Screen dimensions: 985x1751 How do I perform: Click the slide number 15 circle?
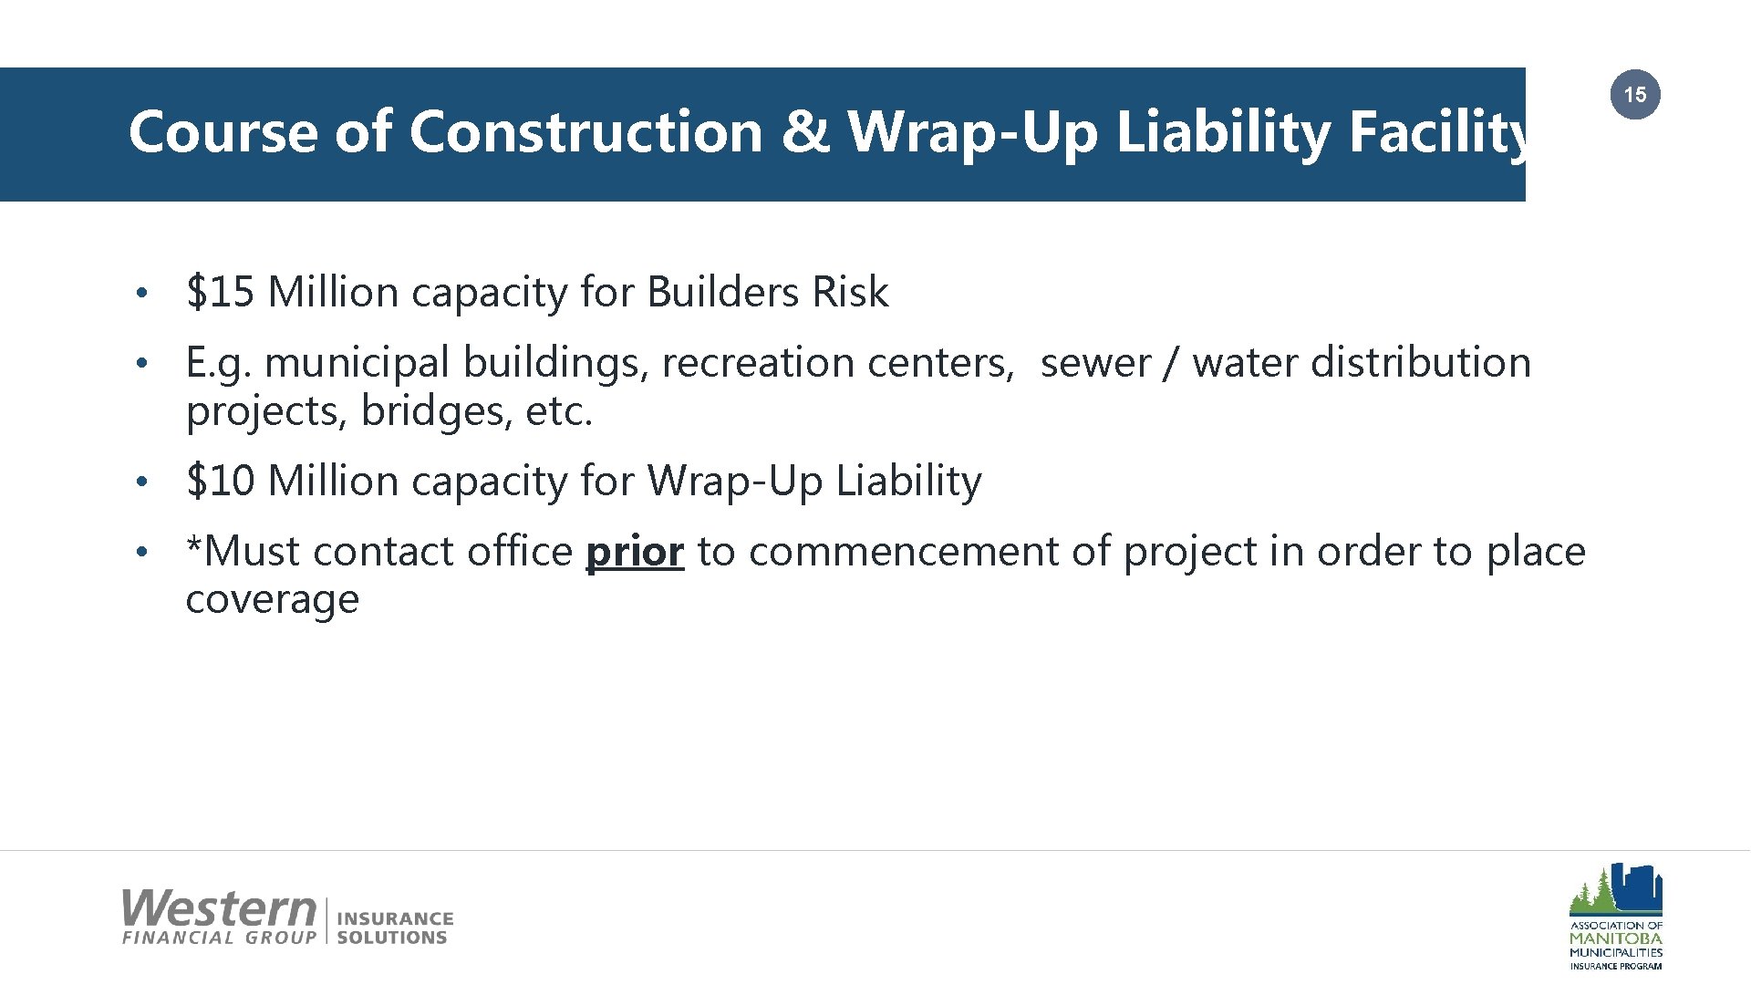point(1635,95)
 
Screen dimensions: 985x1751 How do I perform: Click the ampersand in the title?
point(805,131)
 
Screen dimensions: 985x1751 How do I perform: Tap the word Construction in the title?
point(585,131)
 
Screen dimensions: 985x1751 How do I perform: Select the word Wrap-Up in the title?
point(973,133)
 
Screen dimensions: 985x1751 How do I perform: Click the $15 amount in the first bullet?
point(220,293)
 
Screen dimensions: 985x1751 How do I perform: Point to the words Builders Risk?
point(767,293)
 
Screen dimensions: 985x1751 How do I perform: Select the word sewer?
point(1095,364)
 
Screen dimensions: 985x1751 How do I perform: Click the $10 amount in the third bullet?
point(220,481)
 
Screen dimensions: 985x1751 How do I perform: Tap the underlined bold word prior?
point(635,552)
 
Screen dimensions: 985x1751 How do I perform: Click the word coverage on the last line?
point(272,600)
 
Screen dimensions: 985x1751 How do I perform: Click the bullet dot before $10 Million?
point(140,482)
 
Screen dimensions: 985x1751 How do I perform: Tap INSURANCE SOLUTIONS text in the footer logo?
point(394,928)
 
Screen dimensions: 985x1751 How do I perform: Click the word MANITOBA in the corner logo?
point(1615,938)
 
